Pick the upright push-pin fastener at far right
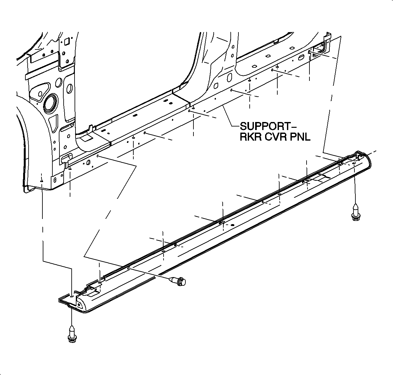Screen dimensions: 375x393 click(355, 212)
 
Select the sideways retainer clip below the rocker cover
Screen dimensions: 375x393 click(179, 281)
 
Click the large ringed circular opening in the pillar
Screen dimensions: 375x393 click(50, 103)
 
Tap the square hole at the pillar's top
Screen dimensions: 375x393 click(67, 41)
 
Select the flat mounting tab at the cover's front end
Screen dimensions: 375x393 click(66, 300)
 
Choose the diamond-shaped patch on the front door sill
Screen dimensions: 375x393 click(86, 138)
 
